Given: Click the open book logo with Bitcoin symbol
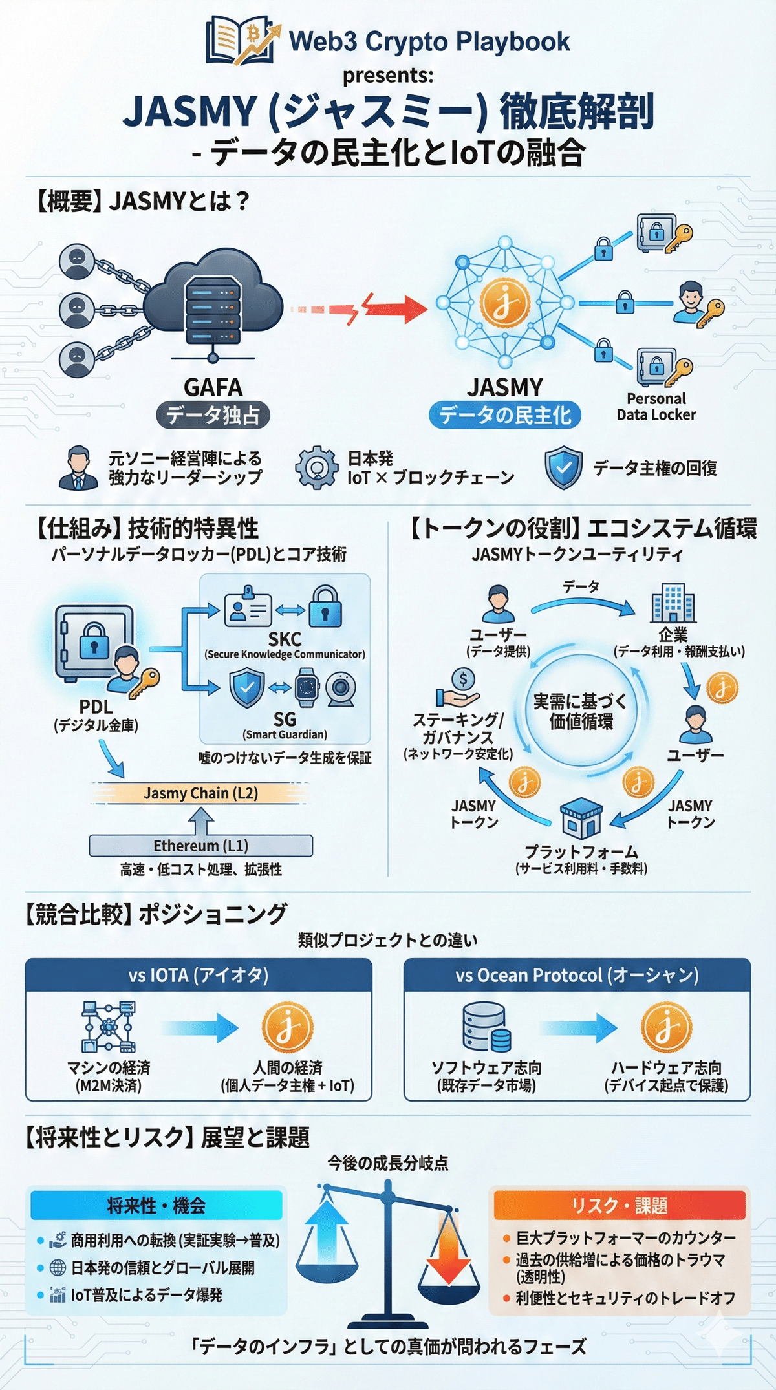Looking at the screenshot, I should (x=242, y=41).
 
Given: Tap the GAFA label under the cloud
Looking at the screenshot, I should (x=213, y=387).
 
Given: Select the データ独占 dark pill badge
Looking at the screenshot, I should (x=213, y=415).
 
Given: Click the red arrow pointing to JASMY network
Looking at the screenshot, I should (x=394, y=308).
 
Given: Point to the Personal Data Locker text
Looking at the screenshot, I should (x=656, y=407).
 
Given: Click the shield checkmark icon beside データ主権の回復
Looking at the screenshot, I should (x=563, y=467).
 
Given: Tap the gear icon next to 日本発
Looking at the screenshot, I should (x=316, y=467).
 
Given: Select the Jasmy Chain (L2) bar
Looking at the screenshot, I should (x=200, y=793).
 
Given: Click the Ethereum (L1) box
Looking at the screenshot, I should (x=200, y=846).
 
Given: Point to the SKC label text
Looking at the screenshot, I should (x=285, y=639).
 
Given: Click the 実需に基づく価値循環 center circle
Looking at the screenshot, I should (x=580, y=711).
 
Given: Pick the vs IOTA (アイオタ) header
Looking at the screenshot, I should (x=199, y=975).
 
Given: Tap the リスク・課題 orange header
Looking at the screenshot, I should (x=619, y=1206).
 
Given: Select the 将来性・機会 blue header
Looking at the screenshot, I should (x=156, y=1205).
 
